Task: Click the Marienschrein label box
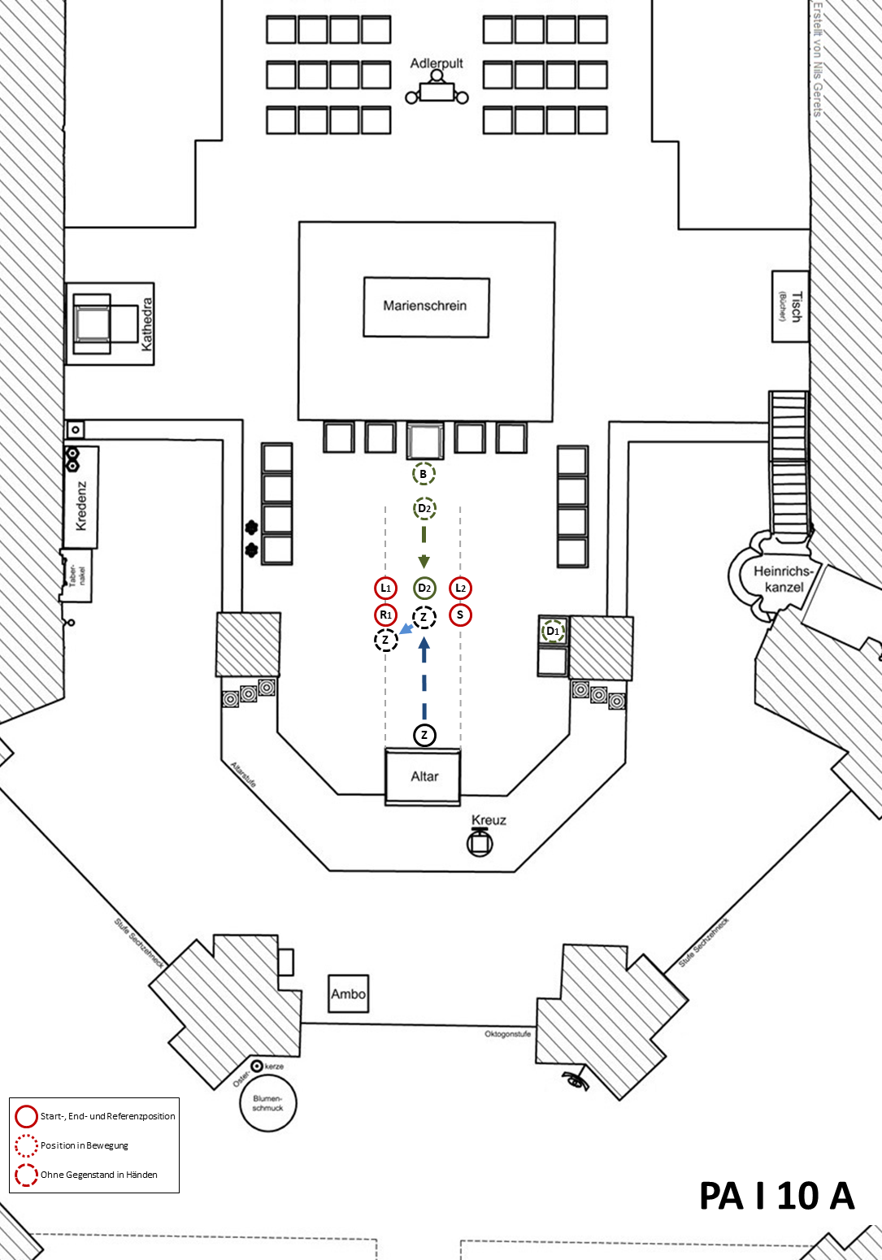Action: point(426,306)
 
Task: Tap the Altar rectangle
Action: point(424,776)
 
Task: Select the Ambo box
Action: point(348,993)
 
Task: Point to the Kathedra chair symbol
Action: point(93,324)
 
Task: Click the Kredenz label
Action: point(81,506)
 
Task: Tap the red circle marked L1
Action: point(386,588)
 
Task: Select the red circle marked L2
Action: point(460,588)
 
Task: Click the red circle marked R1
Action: point(386,615)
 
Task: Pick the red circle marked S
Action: point(460,615)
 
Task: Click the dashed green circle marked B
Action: point(424,474)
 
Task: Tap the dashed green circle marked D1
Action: point(553,631)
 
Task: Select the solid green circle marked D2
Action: point(424,588)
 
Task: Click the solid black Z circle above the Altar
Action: point(424,735)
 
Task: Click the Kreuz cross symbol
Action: point(480,843)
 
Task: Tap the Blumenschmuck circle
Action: point(268,1103)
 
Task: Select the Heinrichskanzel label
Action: point(784,579)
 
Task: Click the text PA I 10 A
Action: point(776,1196)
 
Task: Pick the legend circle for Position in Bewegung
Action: point(27,1145)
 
